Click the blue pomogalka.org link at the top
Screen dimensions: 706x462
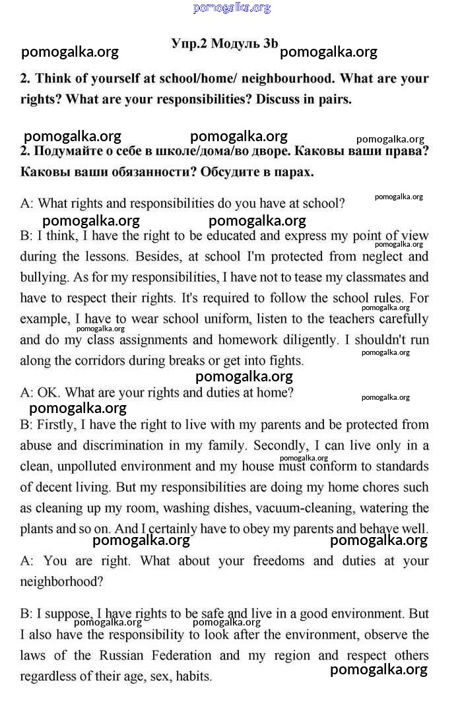(x=232, y=8)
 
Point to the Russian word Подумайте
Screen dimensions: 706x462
(x=70, y=151)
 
